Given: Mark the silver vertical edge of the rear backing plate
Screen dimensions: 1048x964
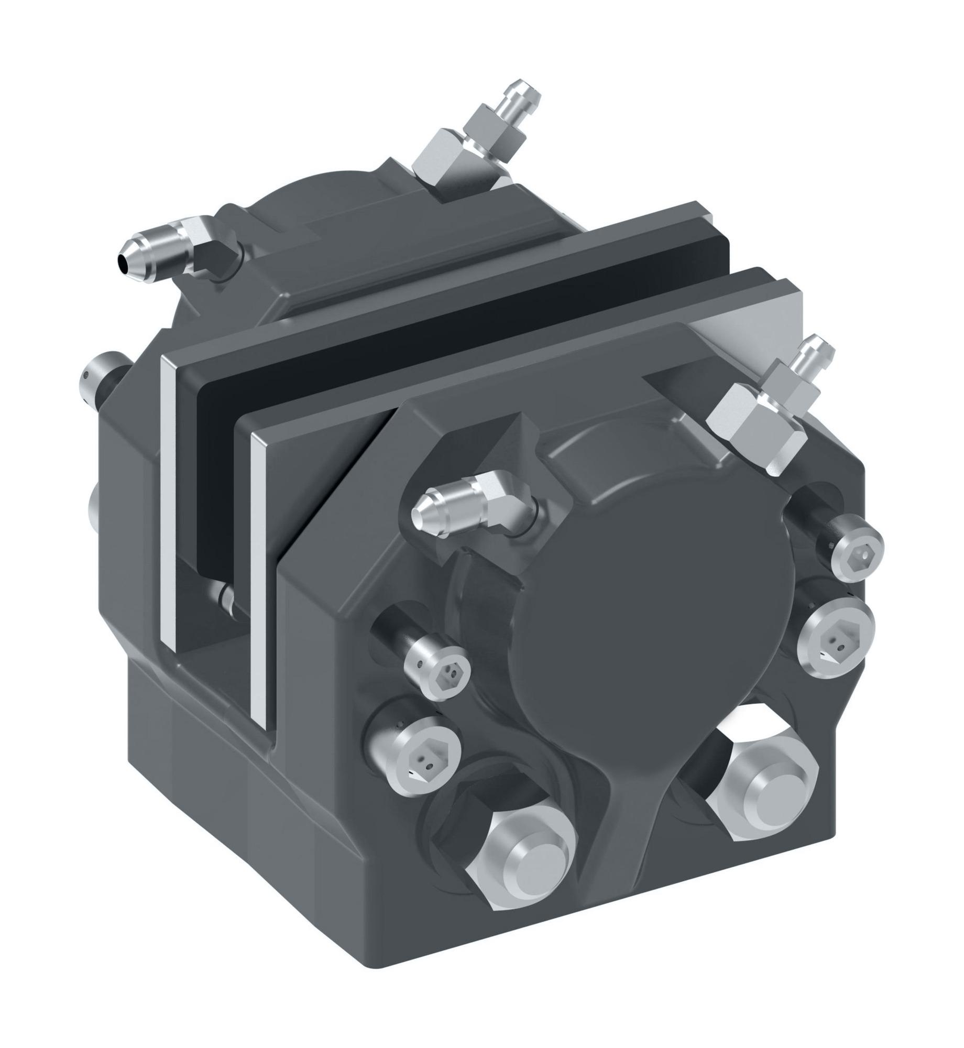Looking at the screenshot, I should [x=168, y=498].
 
